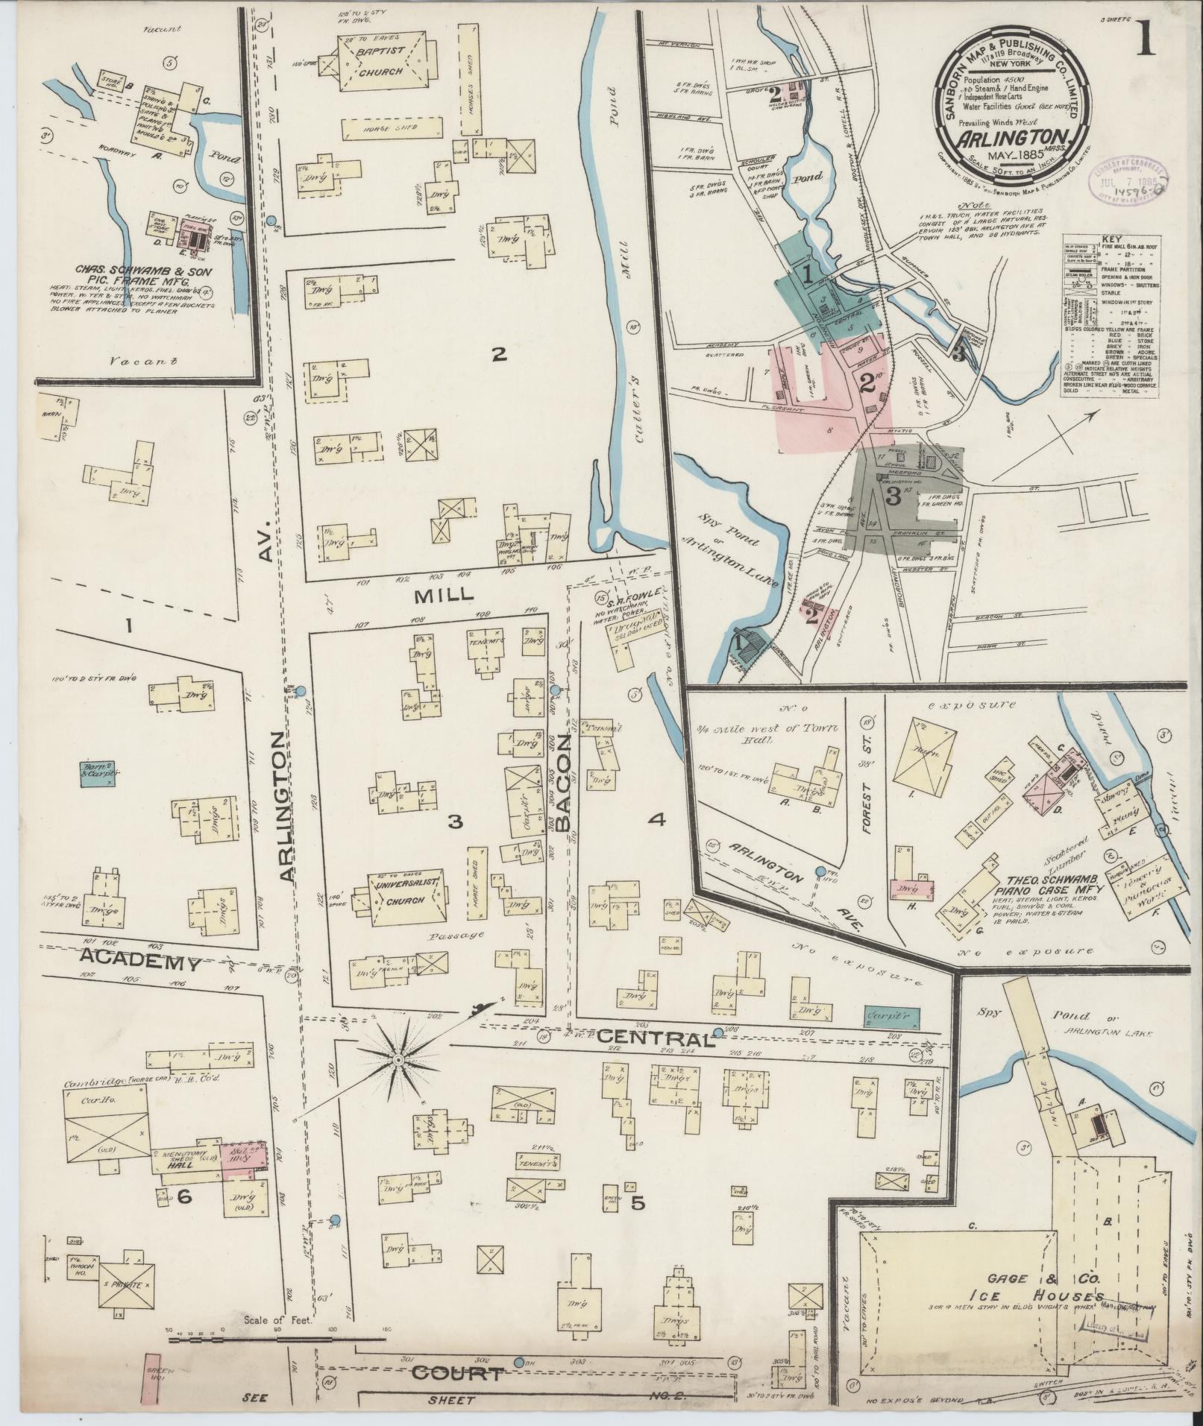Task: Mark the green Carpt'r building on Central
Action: point(891,1016)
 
